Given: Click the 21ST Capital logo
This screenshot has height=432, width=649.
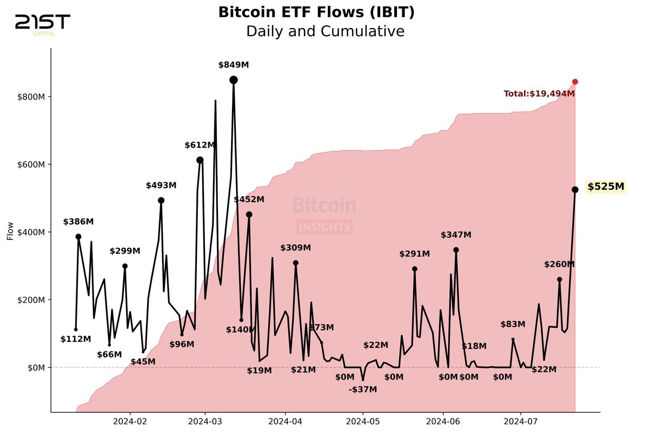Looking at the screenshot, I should [42, 24].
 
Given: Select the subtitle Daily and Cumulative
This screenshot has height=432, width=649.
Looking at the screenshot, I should [325, 31].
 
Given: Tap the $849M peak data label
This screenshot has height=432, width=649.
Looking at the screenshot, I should [234, 65].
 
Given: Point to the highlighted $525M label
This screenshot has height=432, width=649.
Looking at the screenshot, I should [606, 187].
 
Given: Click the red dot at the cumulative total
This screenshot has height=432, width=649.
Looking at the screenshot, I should [575, 82].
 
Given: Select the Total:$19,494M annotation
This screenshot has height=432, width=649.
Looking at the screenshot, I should [539, 94].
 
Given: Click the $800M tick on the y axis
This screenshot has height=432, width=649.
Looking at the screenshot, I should [31, 97].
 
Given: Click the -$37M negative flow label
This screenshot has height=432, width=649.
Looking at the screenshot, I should [363, 390].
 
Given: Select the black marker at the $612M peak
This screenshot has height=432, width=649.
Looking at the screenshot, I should [200, 160].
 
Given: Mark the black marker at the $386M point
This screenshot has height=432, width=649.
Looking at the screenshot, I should [78, 236].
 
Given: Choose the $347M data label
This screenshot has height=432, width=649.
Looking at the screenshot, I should [456, 235].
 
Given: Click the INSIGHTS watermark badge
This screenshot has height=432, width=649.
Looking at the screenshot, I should [325, 227].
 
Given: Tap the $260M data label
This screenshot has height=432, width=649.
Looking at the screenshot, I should [559, 264].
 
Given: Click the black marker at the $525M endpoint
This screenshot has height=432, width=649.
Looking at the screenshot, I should [575, 189].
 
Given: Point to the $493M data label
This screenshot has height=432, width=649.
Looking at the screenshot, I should [161, 185].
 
